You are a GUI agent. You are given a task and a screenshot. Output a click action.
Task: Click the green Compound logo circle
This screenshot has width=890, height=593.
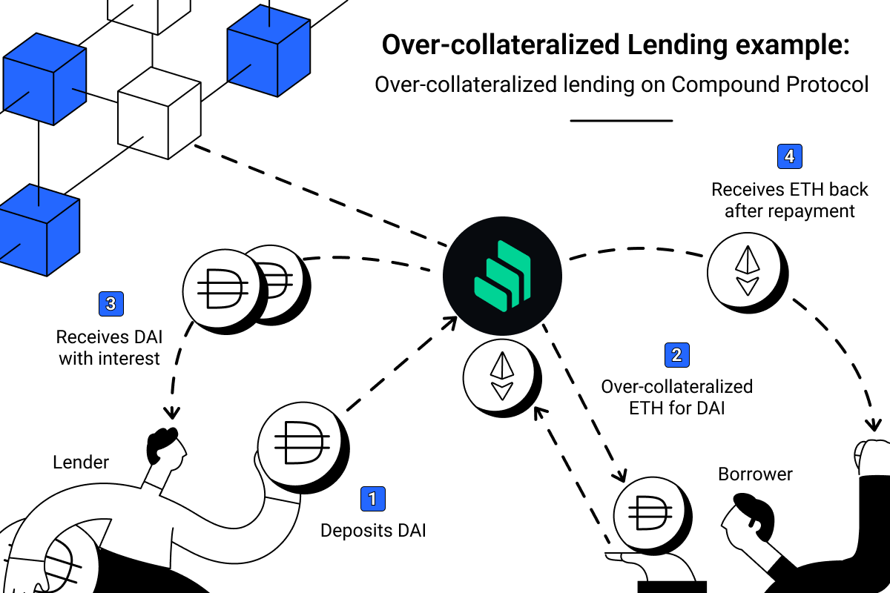coord(502,276)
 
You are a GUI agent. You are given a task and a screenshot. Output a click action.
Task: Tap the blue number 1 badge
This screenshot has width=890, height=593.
coord(372,499)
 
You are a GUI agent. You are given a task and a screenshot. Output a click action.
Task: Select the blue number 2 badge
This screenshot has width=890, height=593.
coord(676,355)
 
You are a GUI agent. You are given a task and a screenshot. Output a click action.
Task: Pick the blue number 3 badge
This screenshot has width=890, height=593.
coord(111,303)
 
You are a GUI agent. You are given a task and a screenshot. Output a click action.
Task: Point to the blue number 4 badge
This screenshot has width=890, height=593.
coord(789,156)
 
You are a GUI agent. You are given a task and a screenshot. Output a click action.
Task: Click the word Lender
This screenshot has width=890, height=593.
coord(81,463)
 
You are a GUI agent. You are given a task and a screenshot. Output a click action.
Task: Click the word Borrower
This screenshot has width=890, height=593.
coord(755,474)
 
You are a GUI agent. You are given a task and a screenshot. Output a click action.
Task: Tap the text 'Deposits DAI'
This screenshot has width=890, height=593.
coord(373,531)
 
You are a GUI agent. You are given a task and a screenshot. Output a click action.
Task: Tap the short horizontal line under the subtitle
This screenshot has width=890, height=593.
coord(622,120)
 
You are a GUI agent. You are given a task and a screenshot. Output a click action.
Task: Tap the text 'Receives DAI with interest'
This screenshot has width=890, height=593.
coord(108,348)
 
